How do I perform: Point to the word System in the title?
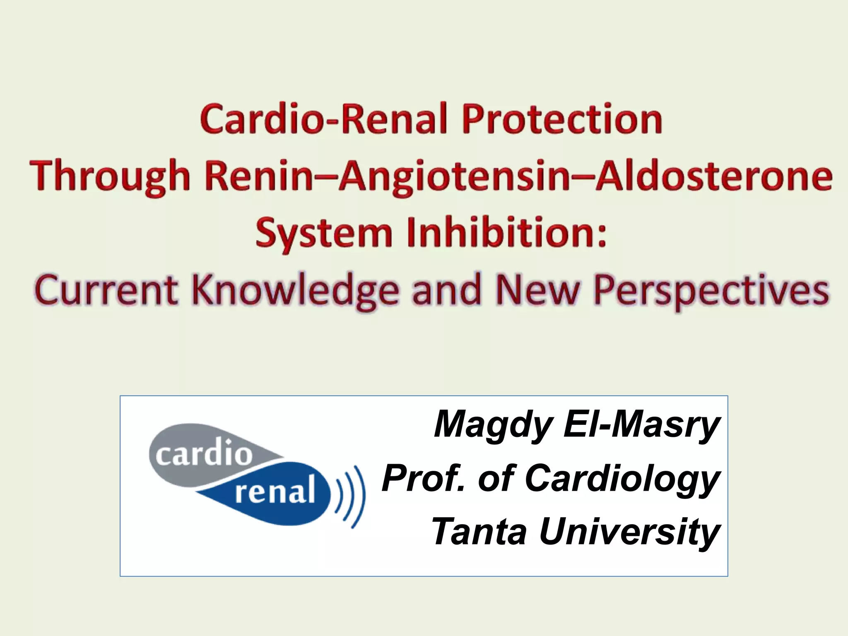pyautogui.click(x=324, y=233)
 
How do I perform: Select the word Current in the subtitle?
pyautogui.click(x=106, y=290)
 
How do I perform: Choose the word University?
pyautogui.click(x=629, y=533)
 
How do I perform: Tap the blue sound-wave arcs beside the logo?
pyautogui.click(x=351, y=496)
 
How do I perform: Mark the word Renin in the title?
pyautogui.click(x=258, y=176)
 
